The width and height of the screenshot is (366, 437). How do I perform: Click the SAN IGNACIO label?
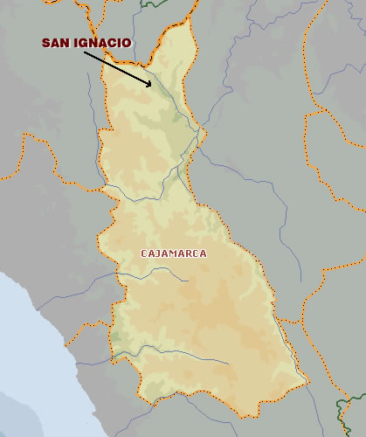(x=86, y=42)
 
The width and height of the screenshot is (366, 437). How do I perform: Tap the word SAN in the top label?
(x=56, y=42)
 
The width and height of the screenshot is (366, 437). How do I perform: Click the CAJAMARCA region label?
(x=174, y=253)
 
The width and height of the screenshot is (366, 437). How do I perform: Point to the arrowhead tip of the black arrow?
(x=153, y=86)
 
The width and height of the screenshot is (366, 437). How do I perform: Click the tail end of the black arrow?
(x=85, y=52)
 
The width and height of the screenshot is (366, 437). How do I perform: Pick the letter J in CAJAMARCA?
(x=157, y=253)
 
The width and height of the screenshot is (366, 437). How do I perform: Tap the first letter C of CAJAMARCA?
(x=144, y=253)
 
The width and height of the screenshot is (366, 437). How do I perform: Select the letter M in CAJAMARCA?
(x=173, y=253)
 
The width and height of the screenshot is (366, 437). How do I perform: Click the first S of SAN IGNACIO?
(x=46, y=42)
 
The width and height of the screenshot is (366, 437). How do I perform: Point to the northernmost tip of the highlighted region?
(x=189, y=26)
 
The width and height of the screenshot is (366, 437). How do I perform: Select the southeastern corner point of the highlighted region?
(x=307, y=380)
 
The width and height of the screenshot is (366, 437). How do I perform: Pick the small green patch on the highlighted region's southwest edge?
(x=114, y=336)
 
